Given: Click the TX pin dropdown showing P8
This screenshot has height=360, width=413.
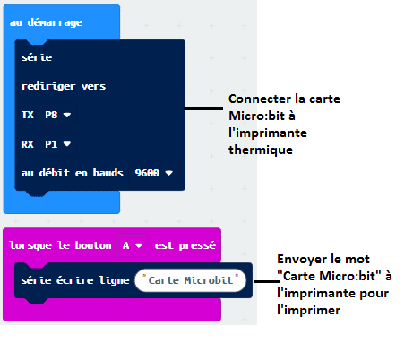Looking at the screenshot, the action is tap(58, 115).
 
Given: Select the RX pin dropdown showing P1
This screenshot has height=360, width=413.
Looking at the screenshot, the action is tap(58, 144).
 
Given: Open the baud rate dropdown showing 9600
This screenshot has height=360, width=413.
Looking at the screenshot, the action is tap(153, 173).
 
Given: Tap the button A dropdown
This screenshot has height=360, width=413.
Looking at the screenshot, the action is tap(133, 245).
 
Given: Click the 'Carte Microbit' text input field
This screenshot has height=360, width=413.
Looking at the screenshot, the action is tap(191, 280).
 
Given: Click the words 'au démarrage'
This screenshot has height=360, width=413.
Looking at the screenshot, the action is tap(46, 22).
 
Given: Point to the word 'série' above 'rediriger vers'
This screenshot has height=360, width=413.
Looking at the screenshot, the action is tap(37, 57).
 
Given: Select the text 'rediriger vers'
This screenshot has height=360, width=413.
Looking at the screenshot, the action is tap(64, 86).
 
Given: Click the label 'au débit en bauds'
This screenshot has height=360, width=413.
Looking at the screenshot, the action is tap(72, 173).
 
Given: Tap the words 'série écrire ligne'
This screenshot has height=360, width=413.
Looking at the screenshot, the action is tap(75, 280).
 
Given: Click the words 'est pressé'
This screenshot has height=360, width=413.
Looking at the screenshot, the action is tap(185, 245).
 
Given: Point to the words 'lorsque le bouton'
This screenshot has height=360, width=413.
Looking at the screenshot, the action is tap(60, 245).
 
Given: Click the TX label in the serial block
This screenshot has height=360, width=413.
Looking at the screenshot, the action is tap(28, 115).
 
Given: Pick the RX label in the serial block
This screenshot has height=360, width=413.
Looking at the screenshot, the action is tap(28, 144).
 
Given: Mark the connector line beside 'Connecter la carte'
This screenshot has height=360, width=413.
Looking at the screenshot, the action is tap(203, 108).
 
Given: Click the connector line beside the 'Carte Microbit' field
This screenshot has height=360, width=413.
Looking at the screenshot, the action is tap(267, 281).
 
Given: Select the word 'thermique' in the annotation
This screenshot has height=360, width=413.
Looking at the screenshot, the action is tap(261, 150).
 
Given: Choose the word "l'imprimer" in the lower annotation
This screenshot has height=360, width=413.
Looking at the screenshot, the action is tap(308, 311).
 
